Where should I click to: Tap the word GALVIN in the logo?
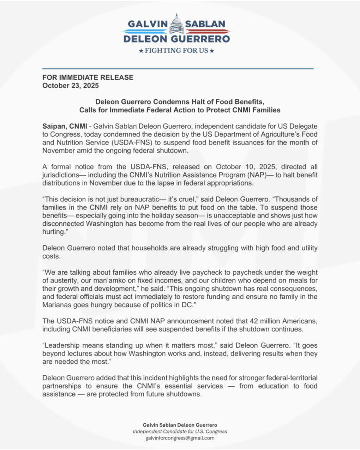tap(146, 24)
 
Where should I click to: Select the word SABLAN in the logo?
tap(205, 24)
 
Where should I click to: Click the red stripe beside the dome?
tap(207, 31)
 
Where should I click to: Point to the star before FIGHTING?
tap(141, 51)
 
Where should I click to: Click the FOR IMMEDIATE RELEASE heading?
tap(87, 77)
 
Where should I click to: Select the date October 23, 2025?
tap(70, 85)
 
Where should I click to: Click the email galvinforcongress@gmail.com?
tap(180, 438)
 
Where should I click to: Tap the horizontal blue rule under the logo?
tap(178, 69)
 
